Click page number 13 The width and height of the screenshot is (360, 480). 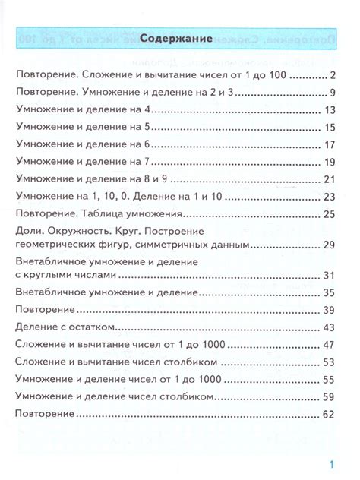click(329, 110)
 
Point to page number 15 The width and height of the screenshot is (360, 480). click(329, 127)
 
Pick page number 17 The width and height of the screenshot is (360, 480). click(329, 144)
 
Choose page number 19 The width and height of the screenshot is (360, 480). click(329, 162)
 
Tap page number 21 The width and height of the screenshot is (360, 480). click(329, 179)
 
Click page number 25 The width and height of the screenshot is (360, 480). click(329, 214)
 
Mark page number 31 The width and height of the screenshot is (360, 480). click(329, 275)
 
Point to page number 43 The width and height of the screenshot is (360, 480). click(329, 327)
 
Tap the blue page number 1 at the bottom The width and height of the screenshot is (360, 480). click(332, 464)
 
